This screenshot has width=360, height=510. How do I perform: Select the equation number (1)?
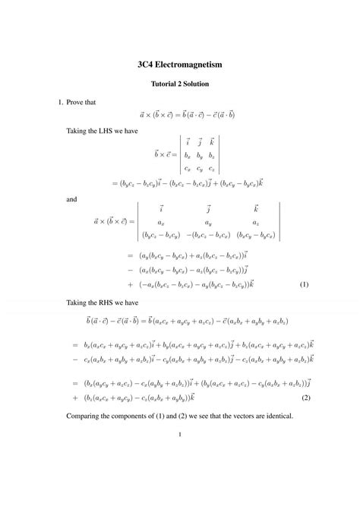coord(304,285)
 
